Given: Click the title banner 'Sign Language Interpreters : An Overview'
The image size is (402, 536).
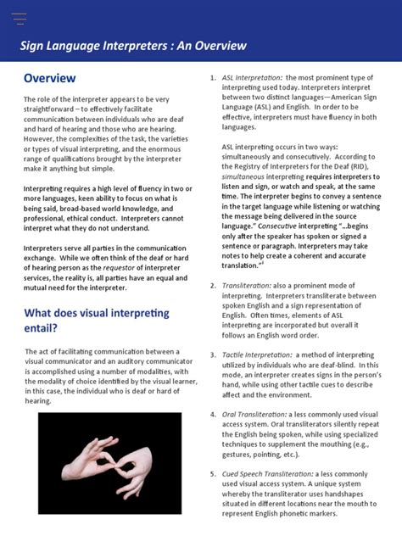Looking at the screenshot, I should pyautogui.click(x=133, y=46).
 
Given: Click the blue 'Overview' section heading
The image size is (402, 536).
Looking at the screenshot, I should pyautogui.click(x=49, y=78).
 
